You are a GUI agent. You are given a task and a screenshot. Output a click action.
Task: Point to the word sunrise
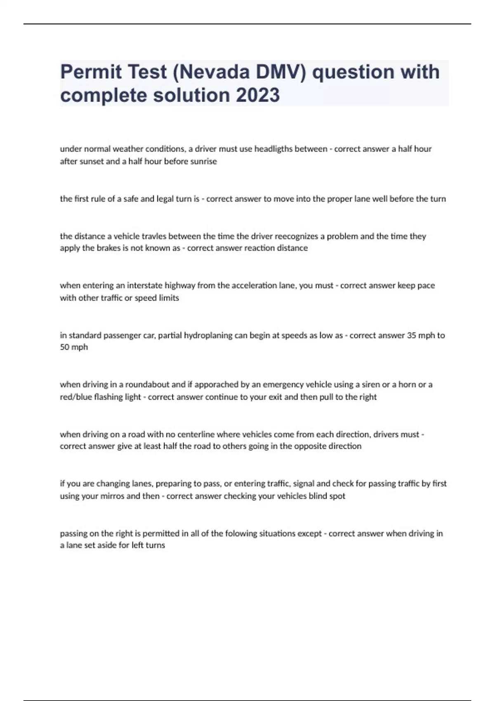pos(203,162)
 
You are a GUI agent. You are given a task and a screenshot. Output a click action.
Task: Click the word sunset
pos(91,162)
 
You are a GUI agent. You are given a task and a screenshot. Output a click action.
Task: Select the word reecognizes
pos(296,236)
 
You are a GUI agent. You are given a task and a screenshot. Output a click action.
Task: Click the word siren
pos(371,385)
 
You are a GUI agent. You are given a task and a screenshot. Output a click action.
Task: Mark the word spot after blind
pos(337,496)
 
